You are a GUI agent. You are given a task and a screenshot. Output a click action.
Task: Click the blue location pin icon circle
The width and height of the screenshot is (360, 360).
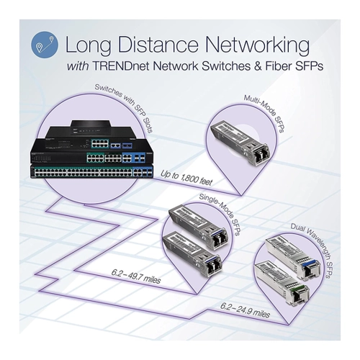45,45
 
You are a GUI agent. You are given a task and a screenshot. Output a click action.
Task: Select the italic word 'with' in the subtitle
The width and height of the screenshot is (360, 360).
77,66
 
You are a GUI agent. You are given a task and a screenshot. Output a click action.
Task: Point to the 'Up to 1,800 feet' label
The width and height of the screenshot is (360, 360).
186,178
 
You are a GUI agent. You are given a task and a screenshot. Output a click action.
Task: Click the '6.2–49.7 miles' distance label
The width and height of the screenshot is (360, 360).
136,276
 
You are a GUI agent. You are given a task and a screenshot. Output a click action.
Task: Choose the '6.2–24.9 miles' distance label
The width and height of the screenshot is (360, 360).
245,310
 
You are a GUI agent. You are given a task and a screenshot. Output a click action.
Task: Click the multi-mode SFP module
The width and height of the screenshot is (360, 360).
240,144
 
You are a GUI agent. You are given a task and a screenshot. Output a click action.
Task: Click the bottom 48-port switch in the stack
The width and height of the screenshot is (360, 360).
91,171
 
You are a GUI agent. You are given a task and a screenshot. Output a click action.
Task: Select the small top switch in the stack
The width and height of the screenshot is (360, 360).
91,127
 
